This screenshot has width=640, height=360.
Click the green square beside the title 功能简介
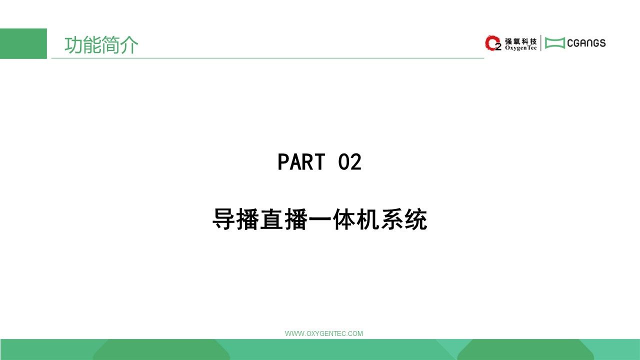[23, 43]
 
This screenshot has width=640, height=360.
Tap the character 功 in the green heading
[73, 45]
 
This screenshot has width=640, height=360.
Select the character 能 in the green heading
[92, 45]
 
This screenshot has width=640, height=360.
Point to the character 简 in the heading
[110, 45]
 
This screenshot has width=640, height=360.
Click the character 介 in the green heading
[129, 45]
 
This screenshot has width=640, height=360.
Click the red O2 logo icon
[493, 43]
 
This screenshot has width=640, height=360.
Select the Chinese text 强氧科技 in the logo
[521, 41]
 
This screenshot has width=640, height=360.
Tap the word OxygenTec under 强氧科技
[521, 48]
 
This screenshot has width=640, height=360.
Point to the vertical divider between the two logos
[541, 43]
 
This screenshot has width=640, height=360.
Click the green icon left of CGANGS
[555, 43]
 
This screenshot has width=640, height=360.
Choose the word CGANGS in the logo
[586, 43]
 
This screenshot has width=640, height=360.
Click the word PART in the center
[301, 162]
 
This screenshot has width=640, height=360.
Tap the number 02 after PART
[349, 162]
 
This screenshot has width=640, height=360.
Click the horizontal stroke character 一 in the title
[319, 219]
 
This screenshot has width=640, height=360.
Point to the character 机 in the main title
[367, 219]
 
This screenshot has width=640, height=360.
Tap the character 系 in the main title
[391, 219]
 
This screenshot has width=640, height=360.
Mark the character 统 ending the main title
[415, 219]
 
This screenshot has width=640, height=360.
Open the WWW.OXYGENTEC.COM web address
[324, 333]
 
